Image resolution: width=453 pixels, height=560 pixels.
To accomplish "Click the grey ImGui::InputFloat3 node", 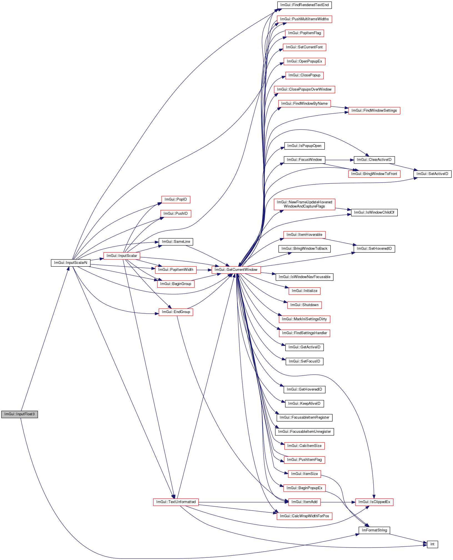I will pos(19,414).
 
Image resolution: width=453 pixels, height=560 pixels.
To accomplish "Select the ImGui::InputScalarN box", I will pos(71,263).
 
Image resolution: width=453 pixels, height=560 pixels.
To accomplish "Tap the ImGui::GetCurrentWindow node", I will pos(236,270).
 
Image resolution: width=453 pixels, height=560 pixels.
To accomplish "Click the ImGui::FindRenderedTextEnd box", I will pos(304,5).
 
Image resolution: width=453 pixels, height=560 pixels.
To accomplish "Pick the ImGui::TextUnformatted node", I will pos(176,502).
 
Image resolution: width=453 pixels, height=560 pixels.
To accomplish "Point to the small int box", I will pos(432,544).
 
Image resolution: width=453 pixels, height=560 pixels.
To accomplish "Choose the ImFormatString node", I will pos(374,530).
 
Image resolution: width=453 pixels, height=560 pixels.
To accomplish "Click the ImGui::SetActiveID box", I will pos(432,174).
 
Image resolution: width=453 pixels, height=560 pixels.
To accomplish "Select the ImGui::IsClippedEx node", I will pos(374,502).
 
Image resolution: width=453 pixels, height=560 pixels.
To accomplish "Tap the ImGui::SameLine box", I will pos(176,242).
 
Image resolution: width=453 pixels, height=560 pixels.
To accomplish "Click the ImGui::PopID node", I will pos(176,199).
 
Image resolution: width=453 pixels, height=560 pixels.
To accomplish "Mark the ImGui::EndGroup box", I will pos(176,312).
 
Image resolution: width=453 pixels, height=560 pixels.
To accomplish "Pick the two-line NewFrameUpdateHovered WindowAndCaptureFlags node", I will pos(304,204).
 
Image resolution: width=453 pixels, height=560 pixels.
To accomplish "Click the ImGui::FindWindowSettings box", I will pos(374,111).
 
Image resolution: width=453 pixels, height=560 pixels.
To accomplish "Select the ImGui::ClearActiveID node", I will pos(374,160).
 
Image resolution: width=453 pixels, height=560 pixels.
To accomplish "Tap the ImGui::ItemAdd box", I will pos(304,502).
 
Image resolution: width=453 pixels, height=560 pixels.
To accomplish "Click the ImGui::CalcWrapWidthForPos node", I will pos(304,516).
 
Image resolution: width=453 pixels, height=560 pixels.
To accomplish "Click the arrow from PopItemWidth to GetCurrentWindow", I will pos(204,270).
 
